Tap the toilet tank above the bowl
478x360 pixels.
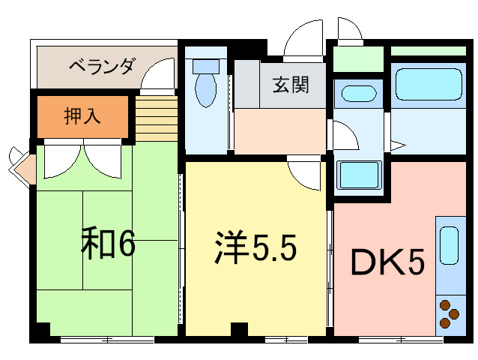[x=204, y=65]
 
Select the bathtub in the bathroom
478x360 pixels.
[x=426, y=85]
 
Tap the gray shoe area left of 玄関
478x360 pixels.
[x=246, y=85]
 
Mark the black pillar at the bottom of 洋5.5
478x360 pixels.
[x=239, y=328]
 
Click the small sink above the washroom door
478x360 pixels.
[x=357, y=95]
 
